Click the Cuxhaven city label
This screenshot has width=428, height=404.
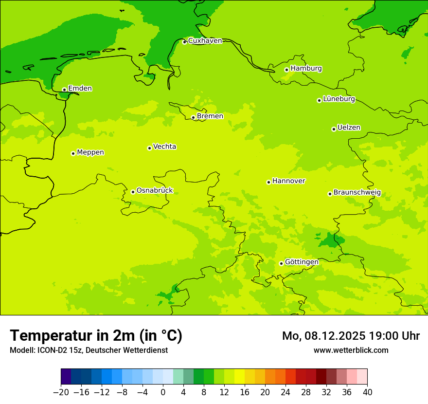(205, 41)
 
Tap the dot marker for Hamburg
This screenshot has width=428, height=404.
(286, 70)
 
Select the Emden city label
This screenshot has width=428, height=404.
(80, 89)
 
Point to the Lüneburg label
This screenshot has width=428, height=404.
(339, 99)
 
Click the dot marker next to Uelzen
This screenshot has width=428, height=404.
(334, 129)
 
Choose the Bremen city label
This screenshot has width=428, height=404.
(210, 116)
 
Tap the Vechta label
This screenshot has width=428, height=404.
(164, 147)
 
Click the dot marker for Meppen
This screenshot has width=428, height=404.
(73, 153)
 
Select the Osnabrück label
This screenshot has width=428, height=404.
(154, 190)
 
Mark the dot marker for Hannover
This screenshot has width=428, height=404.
(268, 182)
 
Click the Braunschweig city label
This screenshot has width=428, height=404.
(357, 192)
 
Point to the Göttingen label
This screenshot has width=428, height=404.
(302, 262)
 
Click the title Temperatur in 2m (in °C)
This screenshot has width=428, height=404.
(96, 335)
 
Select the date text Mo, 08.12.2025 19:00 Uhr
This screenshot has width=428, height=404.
(351, 336)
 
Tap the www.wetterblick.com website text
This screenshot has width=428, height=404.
(351, 350)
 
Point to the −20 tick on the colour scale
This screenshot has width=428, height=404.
(61, 392)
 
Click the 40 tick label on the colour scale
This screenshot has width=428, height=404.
(367, 392)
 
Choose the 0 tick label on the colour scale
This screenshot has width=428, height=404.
(163, 392)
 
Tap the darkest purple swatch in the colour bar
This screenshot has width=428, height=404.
(66, 377)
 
